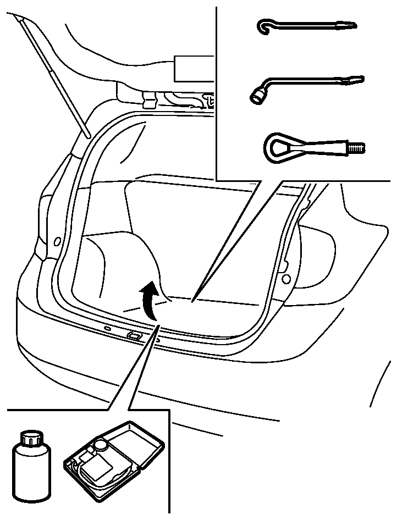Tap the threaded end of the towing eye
coord(357,148)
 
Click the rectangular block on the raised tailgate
coord(192,68)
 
